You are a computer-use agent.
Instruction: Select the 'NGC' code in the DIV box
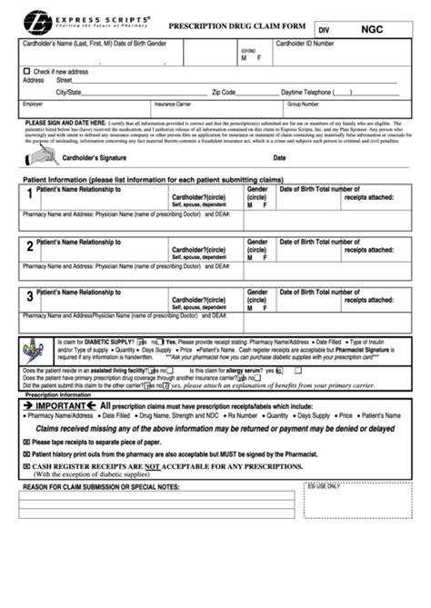point(372,28)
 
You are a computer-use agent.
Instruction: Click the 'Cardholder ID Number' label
point(308,44)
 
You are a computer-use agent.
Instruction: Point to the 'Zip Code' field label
point(224,92)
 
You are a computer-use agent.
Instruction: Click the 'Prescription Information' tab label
point(57,395)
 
